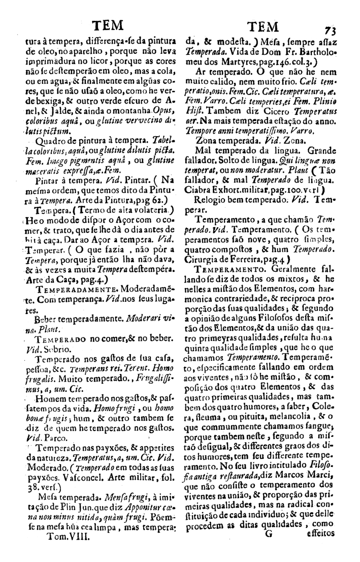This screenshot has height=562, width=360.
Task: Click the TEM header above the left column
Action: [x=106, y=26]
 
